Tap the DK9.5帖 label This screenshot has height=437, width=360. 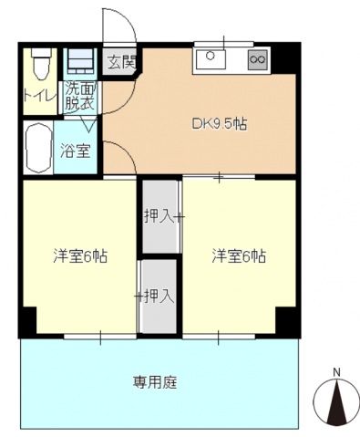pos(219,124)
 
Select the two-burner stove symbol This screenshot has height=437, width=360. pos(257,60)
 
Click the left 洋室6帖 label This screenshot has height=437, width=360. pos(79,255)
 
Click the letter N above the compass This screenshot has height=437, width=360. pos(336,371)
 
